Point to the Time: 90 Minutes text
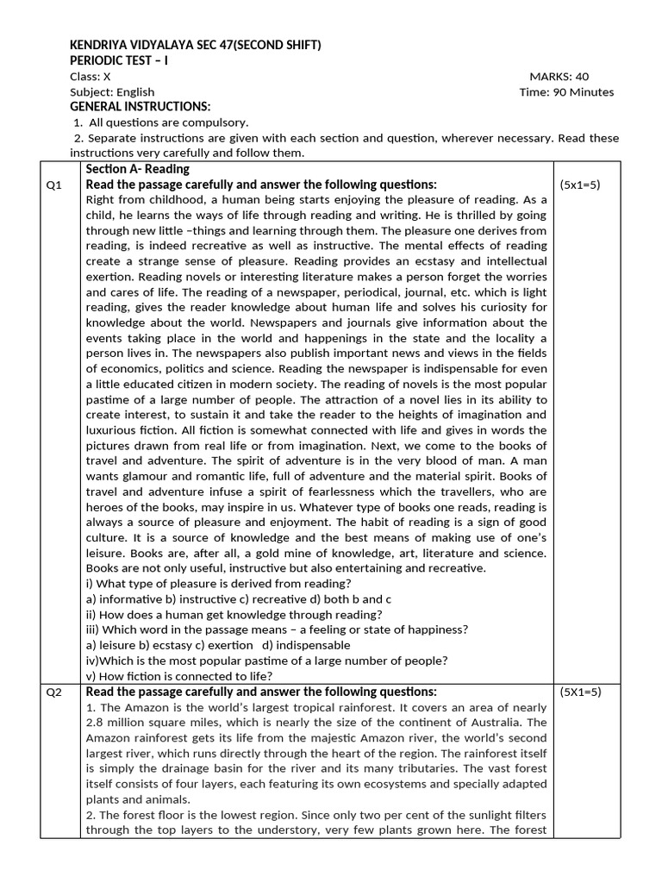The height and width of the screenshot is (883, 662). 567,92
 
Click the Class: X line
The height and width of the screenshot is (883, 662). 90,77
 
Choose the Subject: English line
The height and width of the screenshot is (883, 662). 112,92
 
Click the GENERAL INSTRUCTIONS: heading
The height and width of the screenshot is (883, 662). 140,107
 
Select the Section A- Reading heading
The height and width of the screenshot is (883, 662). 137,169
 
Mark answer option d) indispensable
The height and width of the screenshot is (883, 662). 307,645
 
